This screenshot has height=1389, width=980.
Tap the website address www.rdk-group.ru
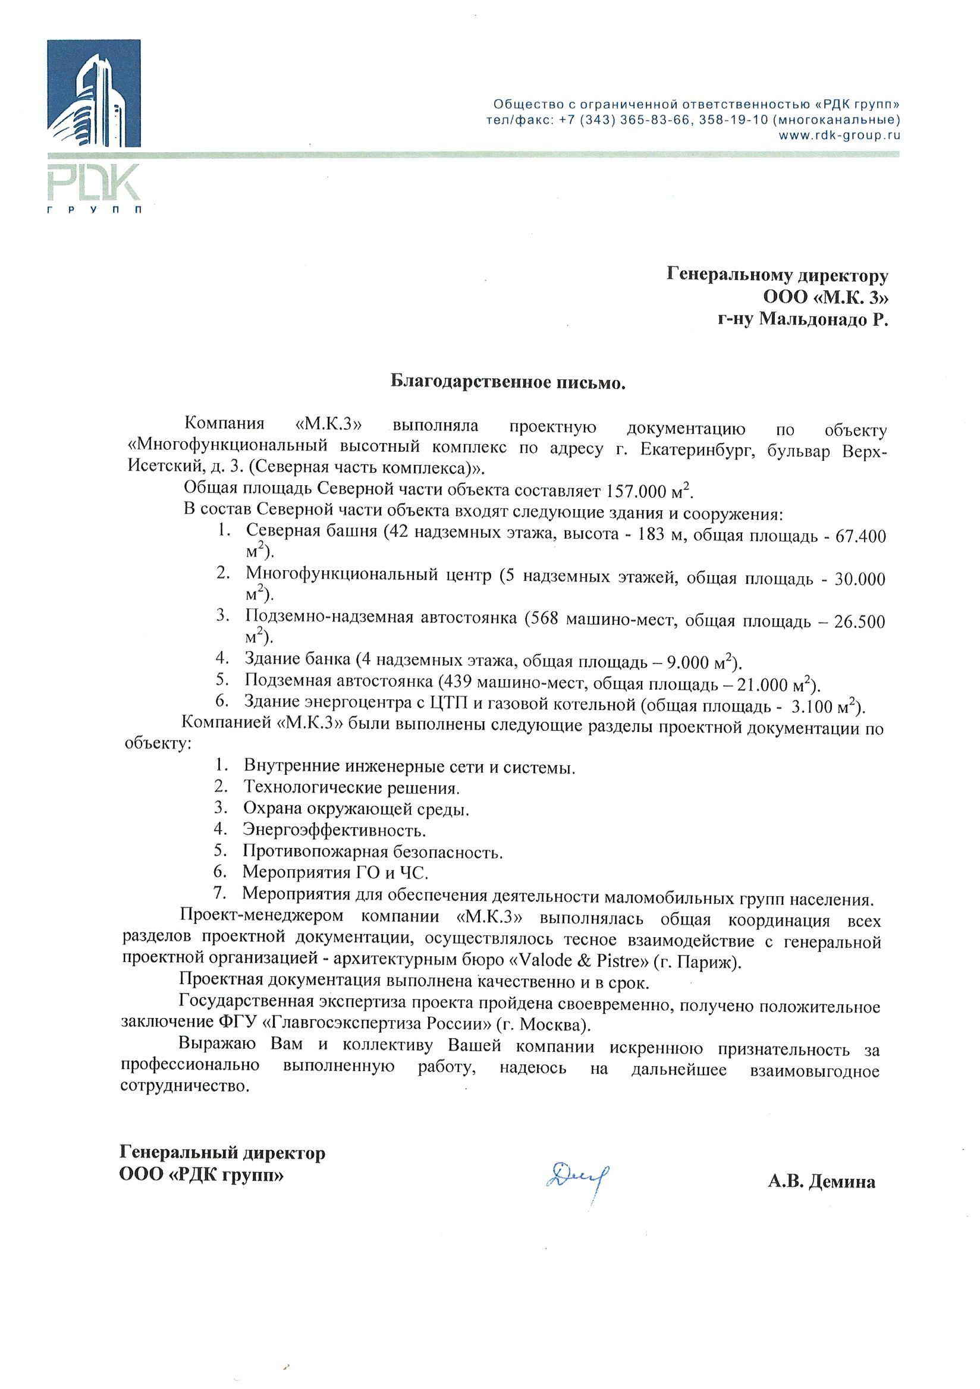point(839,136)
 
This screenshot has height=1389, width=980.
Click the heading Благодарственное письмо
point(507,382)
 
